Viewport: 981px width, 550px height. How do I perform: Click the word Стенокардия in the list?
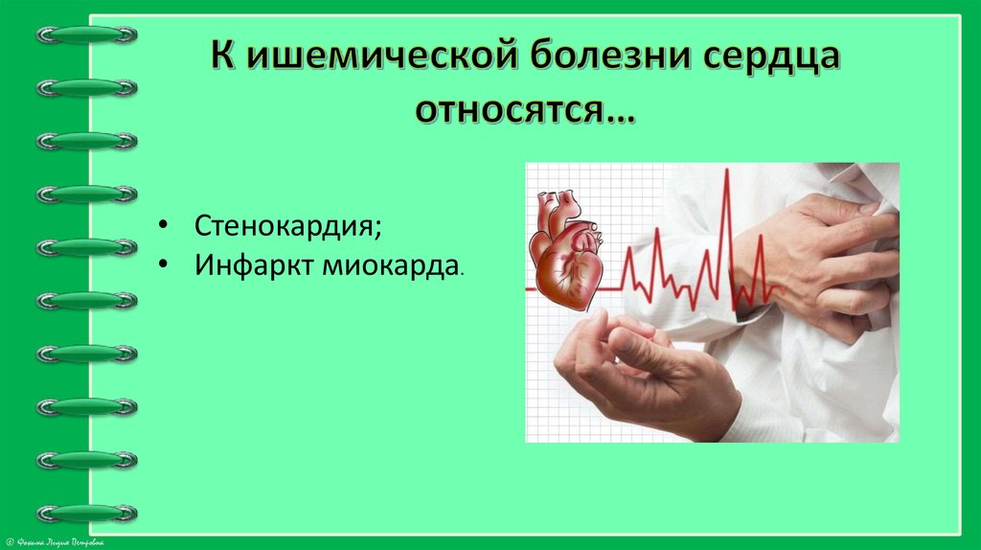click(285, 226)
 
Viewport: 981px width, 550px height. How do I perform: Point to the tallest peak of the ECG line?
click(725, 172)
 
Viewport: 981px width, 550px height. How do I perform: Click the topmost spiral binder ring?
click(86, 34)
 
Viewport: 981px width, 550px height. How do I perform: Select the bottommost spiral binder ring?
click(86, 513)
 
